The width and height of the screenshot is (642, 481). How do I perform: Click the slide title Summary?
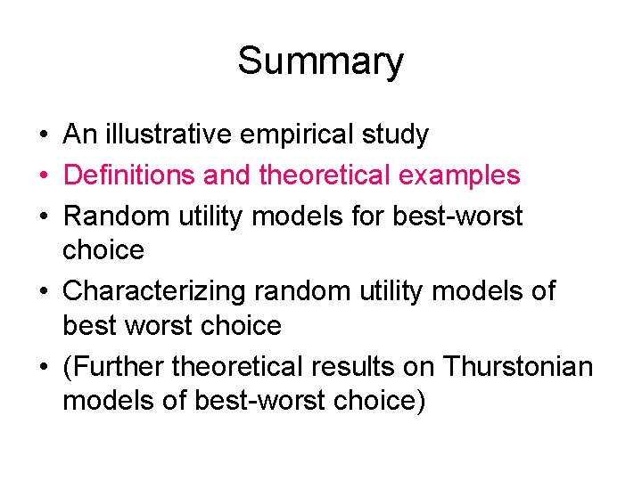pos(320,61)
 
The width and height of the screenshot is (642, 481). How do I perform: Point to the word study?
pos(395,135)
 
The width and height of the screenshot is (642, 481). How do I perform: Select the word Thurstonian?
pos(517,366)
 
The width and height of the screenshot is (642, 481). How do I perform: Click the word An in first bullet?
pos(78,135)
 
